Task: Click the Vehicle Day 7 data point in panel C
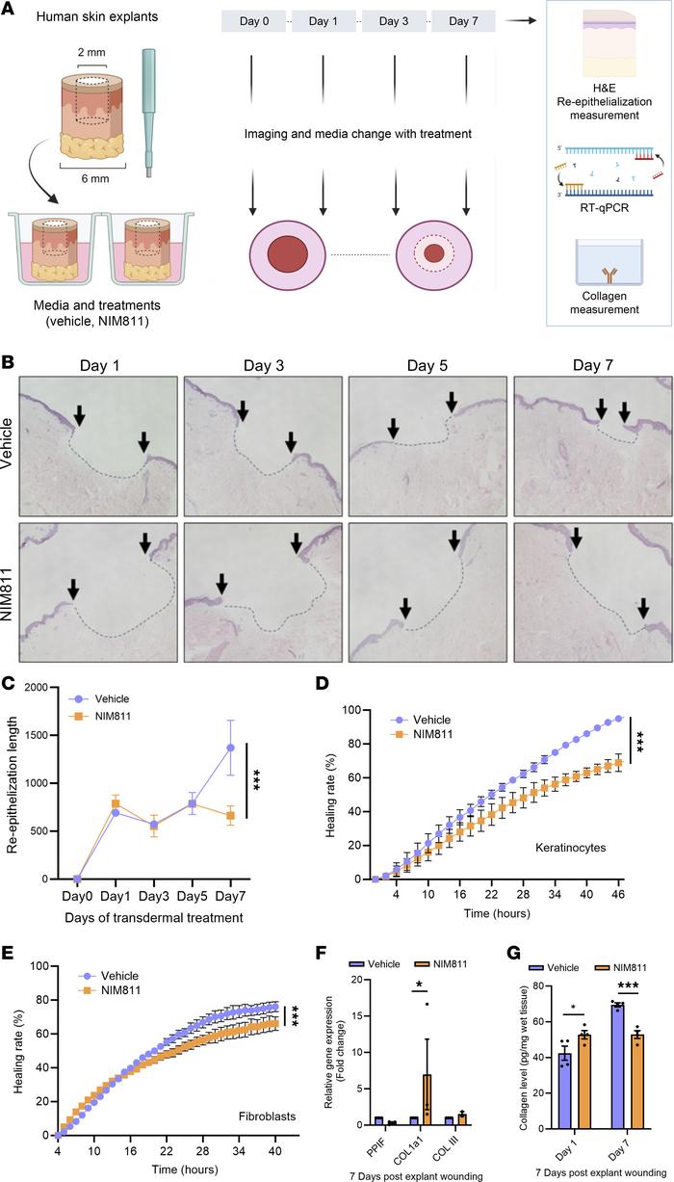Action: click(x=230, y=747)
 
